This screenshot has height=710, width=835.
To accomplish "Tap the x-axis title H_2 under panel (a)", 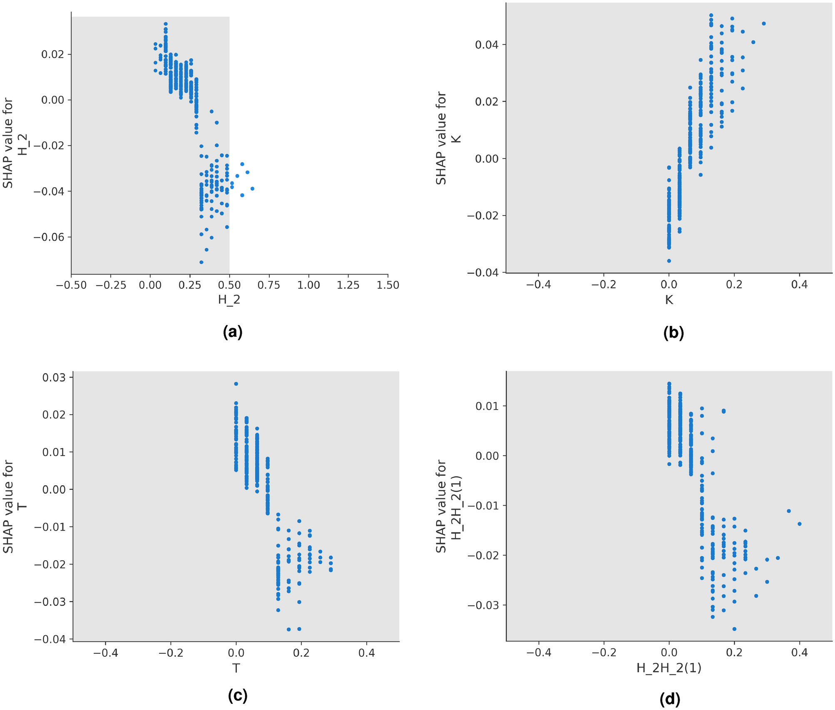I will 229,300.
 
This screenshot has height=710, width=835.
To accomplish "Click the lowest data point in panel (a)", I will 201,262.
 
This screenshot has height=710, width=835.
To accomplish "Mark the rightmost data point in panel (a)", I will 252,189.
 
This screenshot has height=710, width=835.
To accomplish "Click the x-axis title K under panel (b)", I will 669,300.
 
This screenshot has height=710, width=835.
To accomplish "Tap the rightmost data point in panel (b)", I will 763,23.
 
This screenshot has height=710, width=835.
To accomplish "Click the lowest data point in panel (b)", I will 669,261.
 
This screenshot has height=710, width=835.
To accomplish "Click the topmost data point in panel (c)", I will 236,384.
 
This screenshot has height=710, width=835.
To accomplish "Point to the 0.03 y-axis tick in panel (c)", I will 54,377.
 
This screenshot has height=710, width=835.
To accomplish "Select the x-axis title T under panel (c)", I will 236,668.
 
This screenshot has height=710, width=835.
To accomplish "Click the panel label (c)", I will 238,695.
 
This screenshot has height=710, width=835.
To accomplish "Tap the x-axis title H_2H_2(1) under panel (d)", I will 669,668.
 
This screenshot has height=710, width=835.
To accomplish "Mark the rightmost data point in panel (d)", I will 799,524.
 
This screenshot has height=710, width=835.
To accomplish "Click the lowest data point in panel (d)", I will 734,629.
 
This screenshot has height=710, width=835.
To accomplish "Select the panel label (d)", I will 670,699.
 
